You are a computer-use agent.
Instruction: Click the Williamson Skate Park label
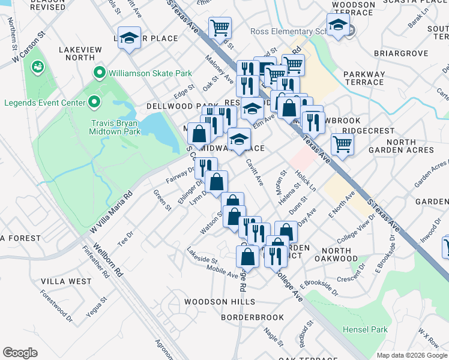pyautogui.click(x=150, y=74)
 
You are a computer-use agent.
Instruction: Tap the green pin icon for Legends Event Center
pyautogui.click(x=94, y=103)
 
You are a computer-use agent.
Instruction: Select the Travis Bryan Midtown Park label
pyautogui.click(x=115, y=127)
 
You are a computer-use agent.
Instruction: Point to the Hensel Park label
pyautogui.click(x=365, y=329)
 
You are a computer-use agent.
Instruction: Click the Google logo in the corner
pyautogui.click(x=20, y=353)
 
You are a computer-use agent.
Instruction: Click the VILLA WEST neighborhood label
pyautogui.click(x=67, y=281)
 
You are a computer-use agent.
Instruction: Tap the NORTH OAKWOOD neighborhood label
pyautogui.click(x=344, y=254)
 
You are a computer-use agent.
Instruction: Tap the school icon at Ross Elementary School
pyautogui.click(x=339, y=25)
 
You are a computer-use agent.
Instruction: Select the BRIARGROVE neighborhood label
pyautogui.click(x=401, y=53)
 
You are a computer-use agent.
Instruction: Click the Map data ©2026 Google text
pyautogui.click(x=412, y=355)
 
